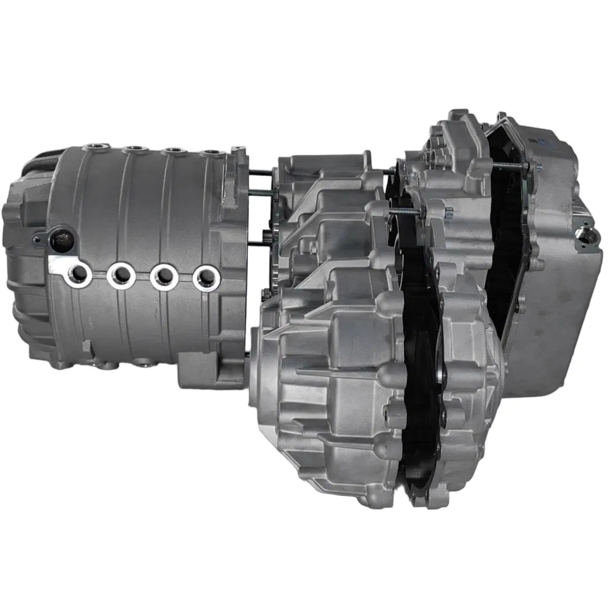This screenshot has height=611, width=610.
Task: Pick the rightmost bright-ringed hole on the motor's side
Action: coord(205,277)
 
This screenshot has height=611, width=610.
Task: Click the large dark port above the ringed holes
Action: coord(62,240)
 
